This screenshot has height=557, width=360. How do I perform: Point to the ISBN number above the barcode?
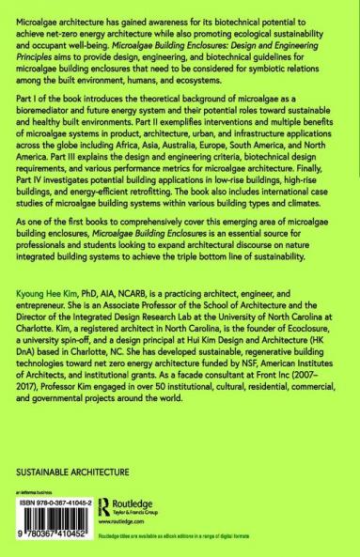pos(55,501)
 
